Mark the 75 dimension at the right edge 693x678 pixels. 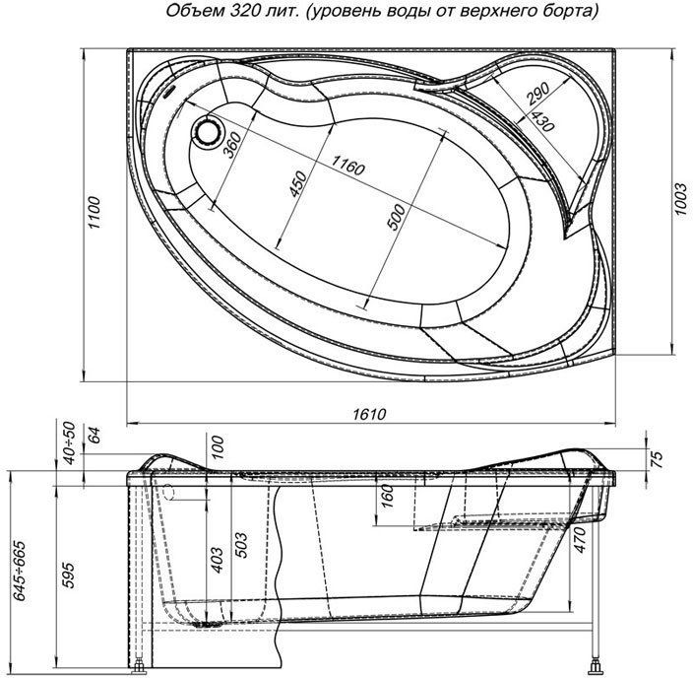[x=655, y=456]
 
